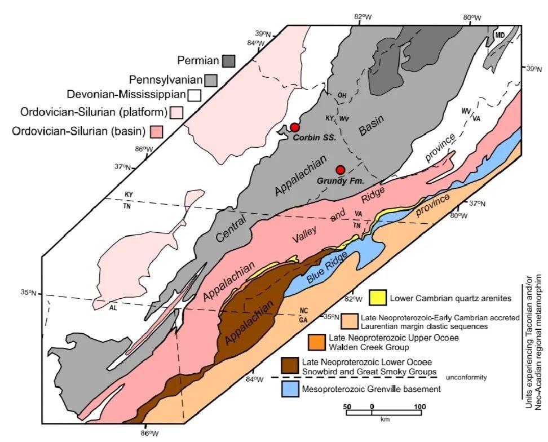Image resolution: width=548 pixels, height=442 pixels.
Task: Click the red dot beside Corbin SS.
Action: [x=295, y=127]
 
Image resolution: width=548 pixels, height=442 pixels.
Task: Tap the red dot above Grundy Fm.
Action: [x=340, y=170]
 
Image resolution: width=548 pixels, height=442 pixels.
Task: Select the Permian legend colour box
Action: [x=228, y=60]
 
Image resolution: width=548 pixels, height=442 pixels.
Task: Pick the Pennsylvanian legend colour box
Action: [x=211, y=79]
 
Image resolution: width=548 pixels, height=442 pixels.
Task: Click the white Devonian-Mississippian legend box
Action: [x=196, y=95]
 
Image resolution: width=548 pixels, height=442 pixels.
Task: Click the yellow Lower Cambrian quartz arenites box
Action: [x=377, y=297]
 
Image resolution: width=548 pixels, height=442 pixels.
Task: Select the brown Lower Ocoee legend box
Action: [x=290, y=364]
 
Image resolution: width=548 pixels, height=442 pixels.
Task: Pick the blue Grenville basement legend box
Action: [x=290, y=389]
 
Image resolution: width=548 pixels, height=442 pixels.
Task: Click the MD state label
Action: [x=500, y=35]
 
